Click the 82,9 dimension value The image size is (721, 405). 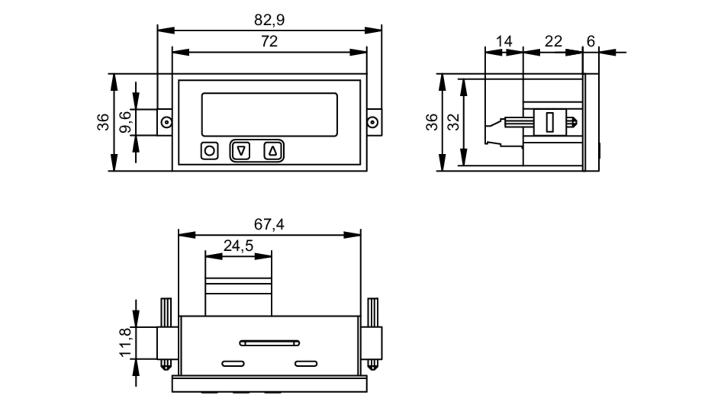[269, 20]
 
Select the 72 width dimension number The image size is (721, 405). [269, 41]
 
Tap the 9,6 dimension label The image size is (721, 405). [125, 122]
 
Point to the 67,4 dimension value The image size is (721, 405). [269, 224]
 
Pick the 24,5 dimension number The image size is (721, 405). [238, 246]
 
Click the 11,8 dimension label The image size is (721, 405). [125, 343]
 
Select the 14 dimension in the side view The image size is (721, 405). [504, 41]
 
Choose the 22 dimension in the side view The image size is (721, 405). [553, 41]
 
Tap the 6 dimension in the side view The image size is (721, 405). [590, 41]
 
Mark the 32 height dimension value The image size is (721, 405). [454, 122]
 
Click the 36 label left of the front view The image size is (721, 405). [103, 122]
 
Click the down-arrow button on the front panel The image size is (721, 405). [242, 151]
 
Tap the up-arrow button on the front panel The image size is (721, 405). [273, 151]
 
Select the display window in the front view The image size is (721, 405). [269, 115]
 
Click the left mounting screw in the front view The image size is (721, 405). [166, 122]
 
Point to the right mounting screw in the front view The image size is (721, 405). [373, 122]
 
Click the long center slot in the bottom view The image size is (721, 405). [269, 343]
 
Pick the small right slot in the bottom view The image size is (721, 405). [306, 364]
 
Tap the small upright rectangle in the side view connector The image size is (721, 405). [550, 122]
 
